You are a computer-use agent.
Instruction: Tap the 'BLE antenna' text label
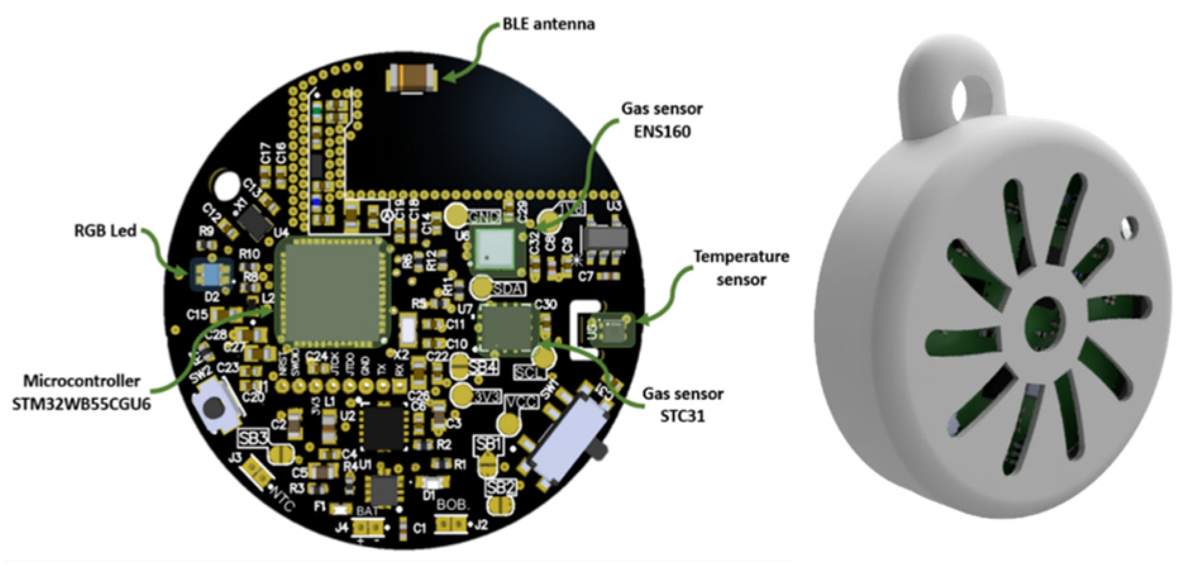(548, 25)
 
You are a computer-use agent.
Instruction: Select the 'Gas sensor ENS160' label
(662, 121)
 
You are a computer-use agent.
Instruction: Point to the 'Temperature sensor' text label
(741, 268)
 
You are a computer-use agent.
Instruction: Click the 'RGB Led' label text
(104, 231)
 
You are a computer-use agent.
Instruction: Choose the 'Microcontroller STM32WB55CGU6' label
(82, 392)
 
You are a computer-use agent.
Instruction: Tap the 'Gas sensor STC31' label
(683, 406)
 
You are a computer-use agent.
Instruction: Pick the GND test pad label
(484, 216)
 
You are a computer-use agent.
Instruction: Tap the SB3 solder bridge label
(254, 438)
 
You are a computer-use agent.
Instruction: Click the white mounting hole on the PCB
(225, 186)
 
